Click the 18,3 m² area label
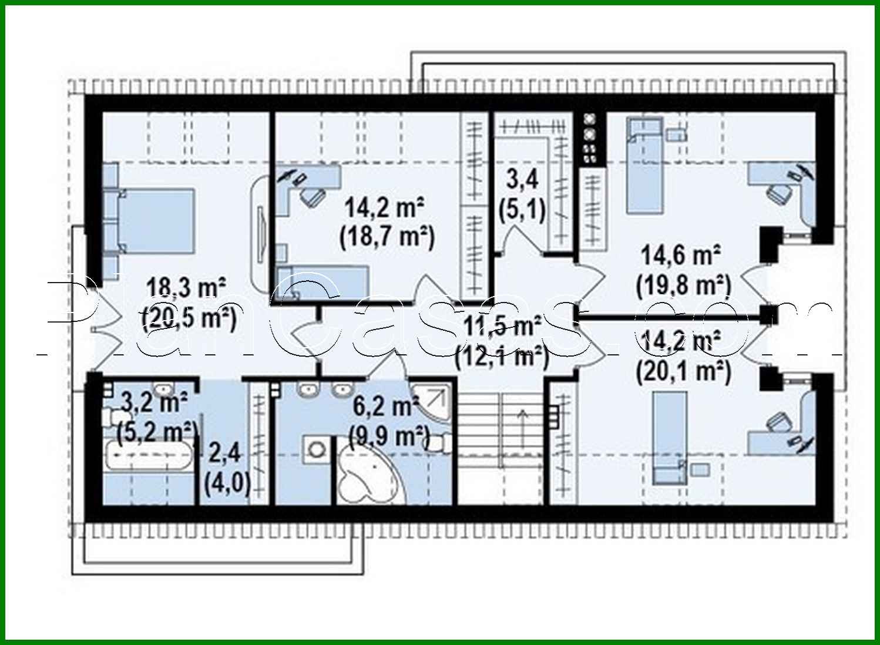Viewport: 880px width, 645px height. point(187,288)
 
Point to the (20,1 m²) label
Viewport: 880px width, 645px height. point(684,371)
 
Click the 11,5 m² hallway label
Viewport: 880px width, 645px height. point(503,326)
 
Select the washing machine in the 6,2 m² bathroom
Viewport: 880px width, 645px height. point(317,450)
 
